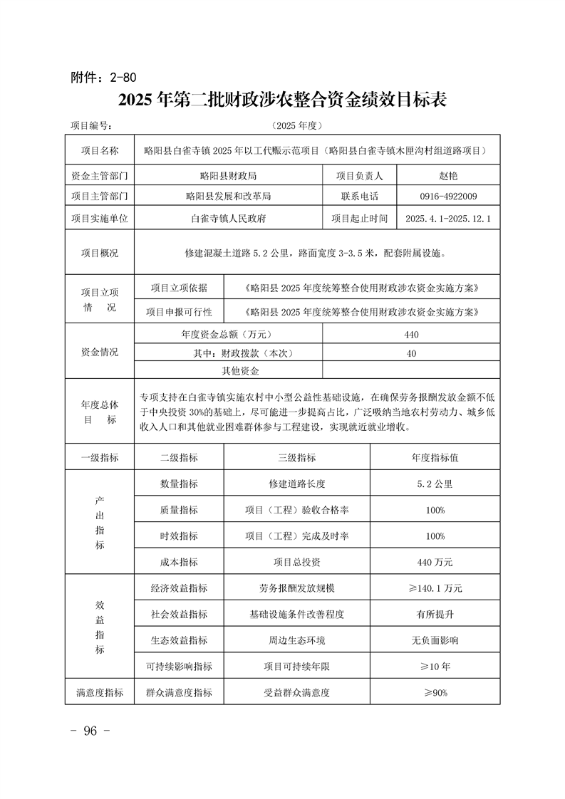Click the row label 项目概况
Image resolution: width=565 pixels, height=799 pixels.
coord(99,253)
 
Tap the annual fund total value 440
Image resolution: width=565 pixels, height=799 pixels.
coord(411,334)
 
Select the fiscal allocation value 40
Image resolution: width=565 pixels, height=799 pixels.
coord(411,353)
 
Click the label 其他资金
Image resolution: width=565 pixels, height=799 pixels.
coord(240,371)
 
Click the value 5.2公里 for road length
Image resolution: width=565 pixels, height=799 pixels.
coord(435,484)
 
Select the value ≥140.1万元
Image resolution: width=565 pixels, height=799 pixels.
coord(435,588)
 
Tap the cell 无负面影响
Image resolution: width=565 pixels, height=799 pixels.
coord(435,640)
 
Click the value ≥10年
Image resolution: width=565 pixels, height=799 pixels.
coord(435,667)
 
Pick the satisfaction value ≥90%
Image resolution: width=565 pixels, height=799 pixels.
coord(435,692)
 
